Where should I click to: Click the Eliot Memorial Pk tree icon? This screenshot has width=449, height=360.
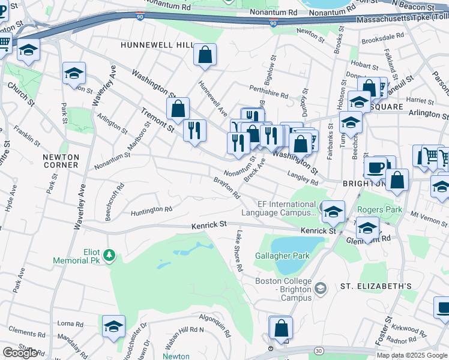tap(109, 256)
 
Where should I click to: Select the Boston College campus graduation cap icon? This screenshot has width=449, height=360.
tap(321, 289)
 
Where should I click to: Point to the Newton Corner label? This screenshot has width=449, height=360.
tap(61, 160)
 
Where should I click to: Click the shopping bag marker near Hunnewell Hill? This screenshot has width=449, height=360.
tap(205, 55)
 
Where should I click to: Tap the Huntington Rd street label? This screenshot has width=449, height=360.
tap(152, 210)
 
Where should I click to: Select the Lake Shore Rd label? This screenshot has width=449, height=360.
tap(239, 250)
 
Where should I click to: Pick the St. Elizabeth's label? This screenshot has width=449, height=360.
tap(376, 286)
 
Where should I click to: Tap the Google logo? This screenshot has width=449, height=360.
tap(20, 353)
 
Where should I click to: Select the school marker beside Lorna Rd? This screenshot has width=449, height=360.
tap(113, 327)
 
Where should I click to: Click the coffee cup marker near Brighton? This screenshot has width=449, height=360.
tap(376, 167)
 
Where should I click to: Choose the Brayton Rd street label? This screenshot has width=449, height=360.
tap(227, 188)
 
